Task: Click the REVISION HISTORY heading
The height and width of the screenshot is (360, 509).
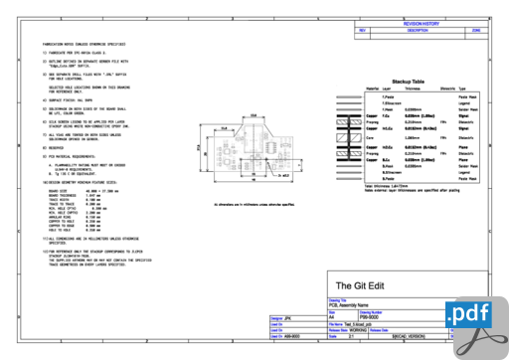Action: [x=420, y=21]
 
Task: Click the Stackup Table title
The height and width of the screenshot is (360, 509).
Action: [x=409, y=81]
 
